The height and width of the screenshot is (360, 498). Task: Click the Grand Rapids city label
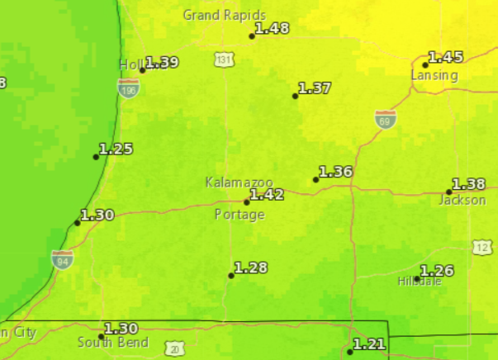(x=224, y=15)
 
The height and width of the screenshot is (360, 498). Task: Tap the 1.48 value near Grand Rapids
(x=273, y=28)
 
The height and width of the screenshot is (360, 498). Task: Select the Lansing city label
(x=434, y=75)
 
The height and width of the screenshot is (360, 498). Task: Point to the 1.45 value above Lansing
(x=446, y=57)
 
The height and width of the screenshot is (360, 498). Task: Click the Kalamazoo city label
(x=239, y=182)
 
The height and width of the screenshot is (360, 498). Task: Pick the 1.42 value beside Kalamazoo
(x=267, y=195)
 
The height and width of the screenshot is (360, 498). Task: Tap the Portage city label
(x=240, y=215)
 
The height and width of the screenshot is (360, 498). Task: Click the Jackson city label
(x=462, y=200)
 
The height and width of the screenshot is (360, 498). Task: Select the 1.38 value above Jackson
(x=469, y=184)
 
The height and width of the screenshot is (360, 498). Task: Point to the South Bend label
(x=113, y=343)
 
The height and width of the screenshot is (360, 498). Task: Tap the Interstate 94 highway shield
(x=61, y=259)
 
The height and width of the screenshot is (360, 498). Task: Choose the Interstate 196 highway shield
(x=128, y=88)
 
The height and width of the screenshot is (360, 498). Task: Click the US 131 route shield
(x=223, y=59)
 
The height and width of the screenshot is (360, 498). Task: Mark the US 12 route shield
(x=483, y=248)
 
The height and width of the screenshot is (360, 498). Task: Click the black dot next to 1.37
(x=295, y=96)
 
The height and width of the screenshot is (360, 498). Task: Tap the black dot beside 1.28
(x=231, y=276)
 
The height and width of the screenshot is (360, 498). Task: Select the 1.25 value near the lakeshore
(x=116, y=149)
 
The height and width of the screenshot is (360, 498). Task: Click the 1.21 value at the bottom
(x=369, y=343)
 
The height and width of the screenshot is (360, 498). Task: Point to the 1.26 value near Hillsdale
(x=438, y=271)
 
